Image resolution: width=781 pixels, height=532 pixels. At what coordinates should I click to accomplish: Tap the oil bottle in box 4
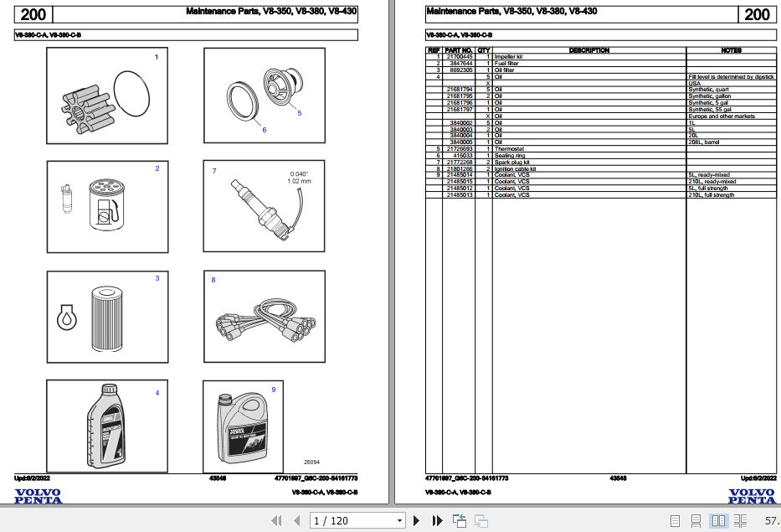(x=106, y=426)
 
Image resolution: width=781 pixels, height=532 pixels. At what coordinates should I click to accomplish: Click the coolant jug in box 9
(x=244, y=426)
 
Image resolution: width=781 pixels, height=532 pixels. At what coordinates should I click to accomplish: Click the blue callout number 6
(x=264, y=130)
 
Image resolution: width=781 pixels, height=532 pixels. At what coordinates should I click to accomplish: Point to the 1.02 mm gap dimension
(x=298, y=181)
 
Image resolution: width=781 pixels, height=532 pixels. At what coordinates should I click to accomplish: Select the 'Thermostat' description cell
(x=508, y=149)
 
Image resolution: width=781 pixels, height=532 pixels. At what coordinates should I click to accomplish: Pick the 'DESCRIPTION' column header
(x=588, y=50)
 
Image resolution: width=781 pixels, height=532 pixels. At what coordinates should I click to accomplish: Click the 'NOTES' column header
(x=731, y=50)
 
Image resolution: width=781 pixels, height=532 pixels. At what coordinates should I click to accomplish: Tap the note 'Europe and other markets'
(x=721, y=116)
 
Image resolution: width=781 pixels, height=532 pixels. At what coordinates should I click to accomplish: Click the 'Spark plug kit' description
(x=512, y=163)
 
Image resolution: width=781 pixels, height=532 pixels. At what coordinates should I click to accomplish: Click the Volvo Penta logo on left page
(x=38, y=497)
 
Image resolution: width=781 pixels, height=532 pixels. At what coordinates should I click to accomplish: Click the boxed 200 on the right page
(x=756, y=14)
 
